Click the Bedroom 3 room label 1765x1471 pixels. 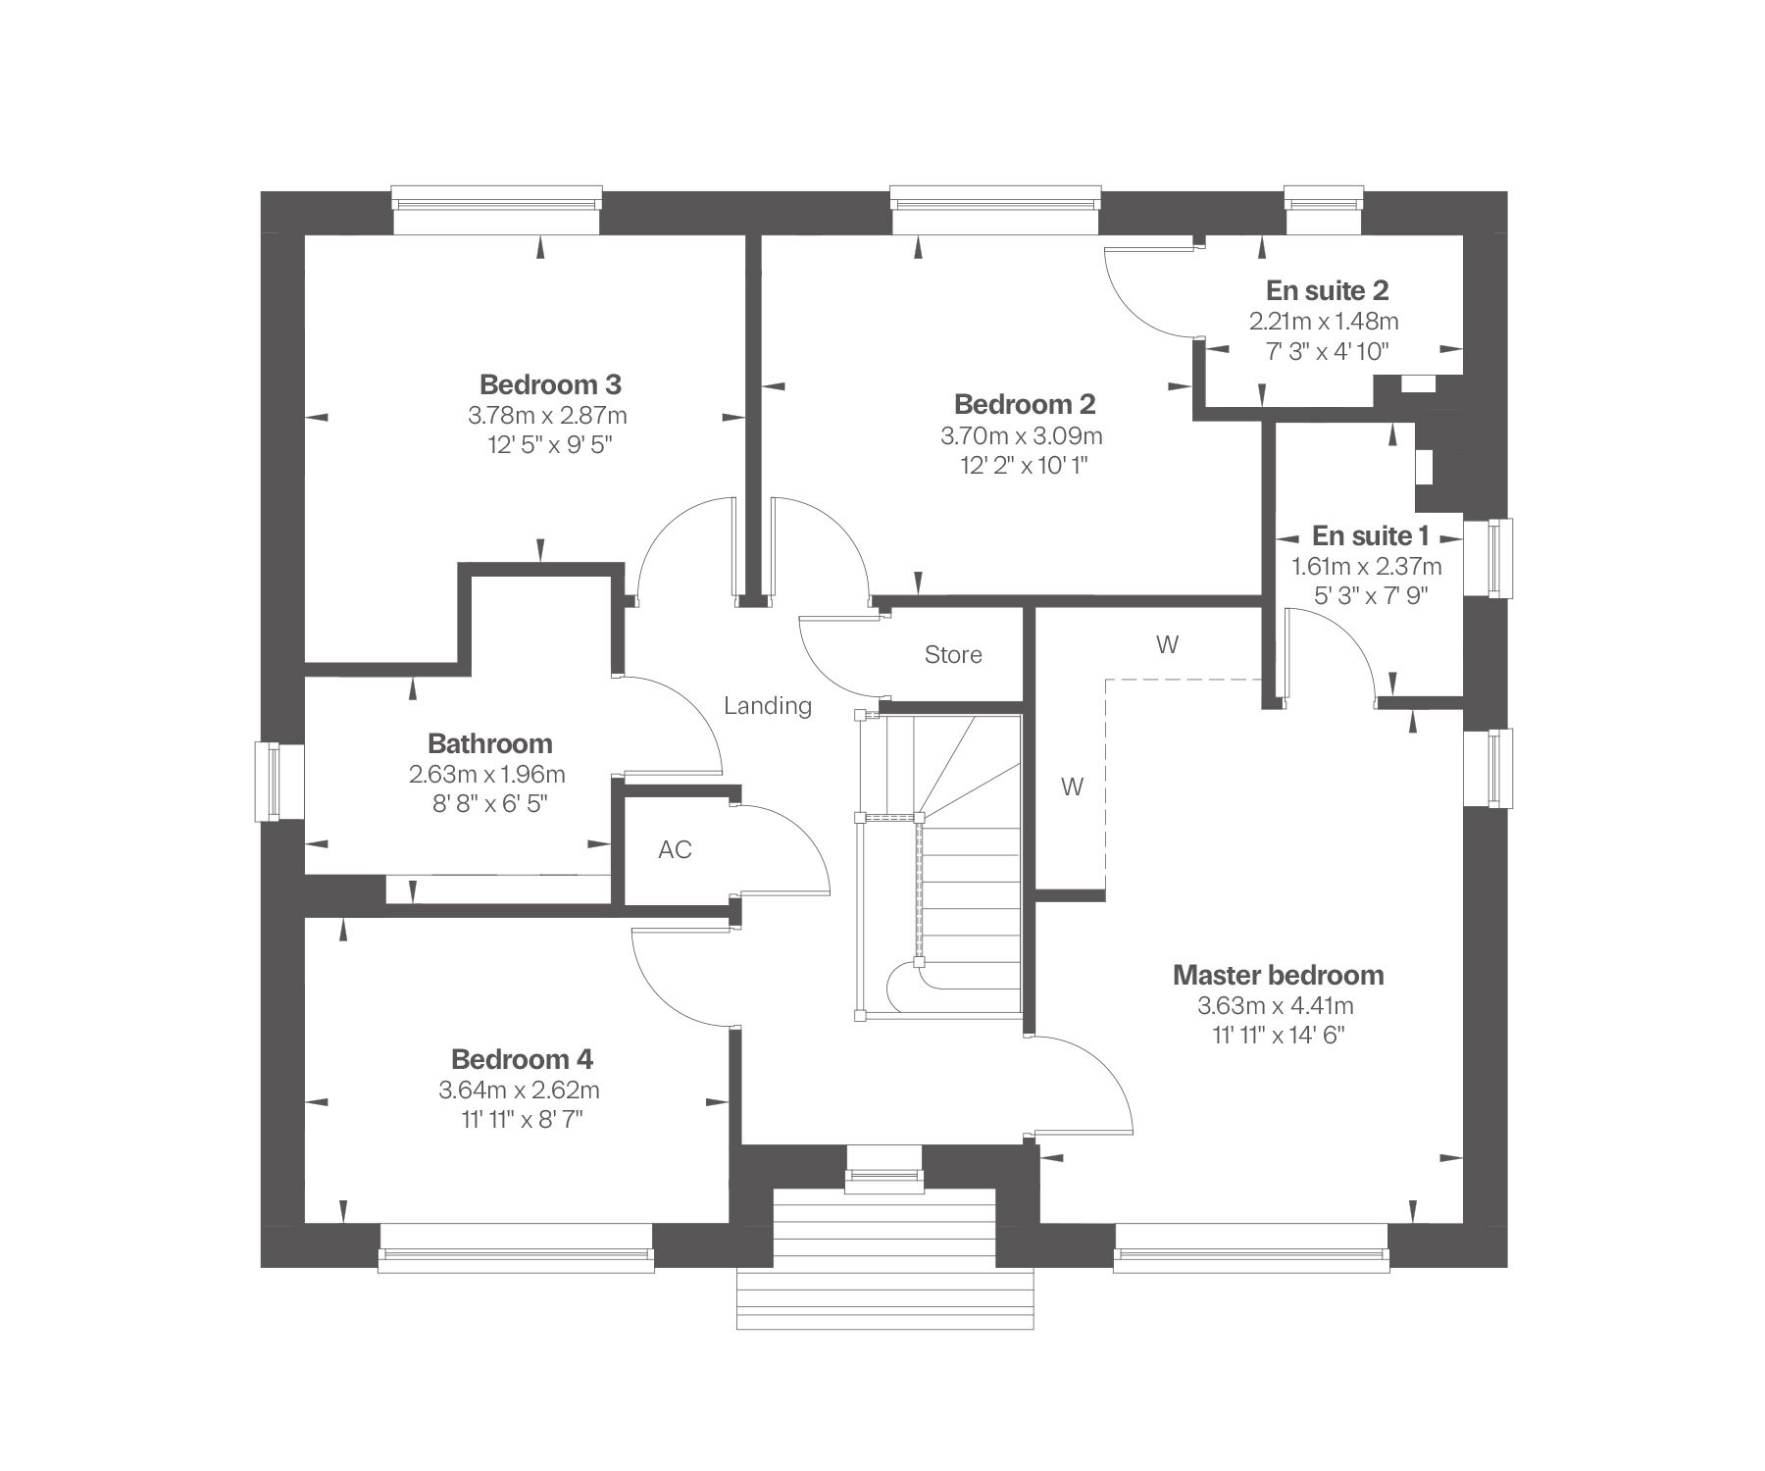pos(550,383)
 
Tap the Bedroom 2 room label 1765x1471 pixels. pos(1025,404)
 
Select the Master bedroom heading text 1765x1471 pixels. pos(1279,975)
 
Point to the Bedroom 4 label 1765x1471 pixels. pos(522,1059)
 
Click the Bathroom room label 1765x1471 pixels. pos(490,743)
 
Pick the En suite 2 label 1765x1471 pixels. pos(1328,290)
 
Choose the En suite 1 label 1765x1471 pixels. pos(1371,535)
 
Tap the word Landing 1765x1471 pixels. pos(768,706)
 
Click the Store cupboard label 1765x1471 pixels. pos(953,655)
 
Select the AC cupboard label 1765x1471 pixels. pos(675,849)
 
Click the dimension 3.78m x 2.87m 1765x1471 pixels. pos(547,415)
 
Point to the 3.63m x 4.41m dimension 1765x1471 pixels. pos(1276,1006)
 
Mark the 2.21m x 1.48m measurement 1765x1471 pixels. pos(1324,321)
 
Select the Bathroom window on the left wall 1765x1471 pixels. pos(268,782)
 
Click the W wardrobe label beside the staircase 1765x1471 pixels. pos(1073,786)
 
